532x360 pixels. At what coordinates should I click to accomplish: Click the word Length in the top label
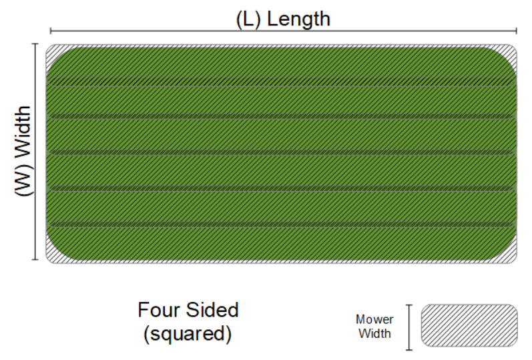click(298, 18)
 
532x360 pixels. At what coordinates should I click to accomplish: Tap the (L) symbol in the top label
click(249, 18)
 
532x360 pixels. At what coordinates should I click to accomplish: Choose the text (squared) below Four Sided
click(188, 333)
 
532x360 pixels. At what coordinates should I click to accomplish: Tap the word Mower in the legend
click(374, 319)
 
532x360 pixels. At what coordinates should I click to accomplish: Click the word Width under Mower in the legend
click(374, 333)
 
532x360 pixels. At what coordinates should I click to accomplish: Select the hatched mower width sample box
click(469, 327)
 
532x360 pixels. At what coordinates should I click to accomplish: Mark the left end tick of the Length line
click(51, 31)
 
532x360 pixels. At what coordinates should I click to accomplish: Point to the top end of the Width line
click(34, 44)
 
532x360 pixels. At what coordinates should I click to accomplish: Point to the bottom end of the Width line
click(34, 259)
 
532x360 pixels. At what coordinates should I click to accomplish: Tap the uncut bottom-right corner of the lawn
click(513, 256)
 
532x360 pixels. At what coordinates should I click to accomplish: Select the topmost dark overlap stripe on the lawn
click(280, 81)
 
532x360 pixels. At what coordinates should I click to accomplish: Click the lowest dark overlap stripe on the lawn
click(280, 224)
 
